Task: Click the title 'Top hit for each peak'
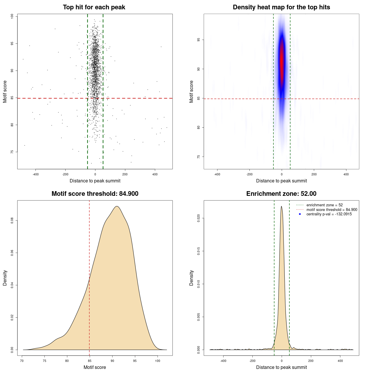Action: pyautogui.click(x=94, y=7)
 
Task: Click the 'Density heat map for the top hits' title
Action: pyautogui.click(x=281, y=7)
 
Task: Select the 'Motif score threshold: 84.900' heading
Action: pyautogui.click(x=95, y=194)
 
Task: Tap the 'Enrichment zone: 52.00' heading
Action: pyautogui.click(x=281, y=194)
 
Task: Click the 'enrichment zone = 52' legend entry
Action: pyautogui.click(x=324, y=205)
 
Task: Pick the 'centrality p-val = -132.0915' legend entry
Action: pyautogui.click(x=329, y=214)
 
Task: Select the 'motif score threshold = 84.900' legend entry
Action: pyautogui.click(x=332, y=210)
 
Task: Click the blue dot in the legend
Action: pyautogui.click(x=300, y=214)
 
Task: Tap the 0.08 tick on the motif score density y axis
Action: pyautogui.click(x=12, y=221)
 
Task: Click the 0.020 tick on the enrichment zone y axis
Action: pyautogui.click(x=199, y=218)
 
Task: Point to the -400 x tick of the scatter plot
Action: pyautogui.click(x=36, y=174)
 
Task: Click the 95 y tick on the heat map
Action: pyautogui.click(x=199, y=40)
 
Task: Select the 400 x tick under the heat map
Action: pyautogui.click(x=346, y=174)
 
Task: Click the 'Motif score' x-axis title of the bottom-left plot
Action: pyautogui.click(x=95, y=367)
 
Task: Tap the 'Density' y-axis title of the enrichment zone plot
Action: pyautogui.click(x=191, y=278)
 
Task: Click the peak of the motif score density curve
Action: pyautogui.click(x=117, y=206)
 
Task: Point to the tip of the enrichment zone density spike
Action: pyautogui.click(x=281, y=206)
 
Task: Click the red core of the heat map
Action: pyautogui.click(x=281, y=61)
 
